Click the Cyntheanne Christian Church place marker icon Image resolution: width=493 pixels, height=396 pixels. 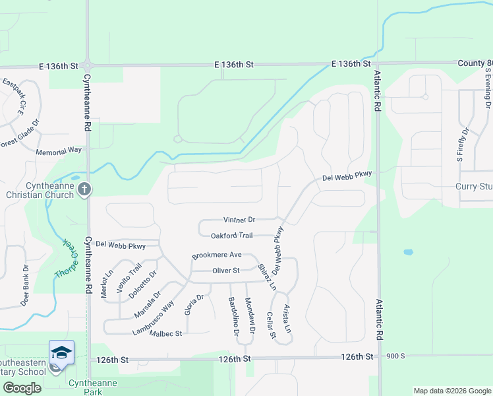tap(84, 190)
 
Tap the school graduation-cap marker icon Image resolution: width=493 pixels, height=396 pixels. tap(61, 352)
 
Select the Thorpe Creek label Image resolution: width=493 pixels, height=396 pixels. tap(66, 257)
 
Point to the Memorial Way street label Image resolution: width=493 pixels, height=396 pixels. tap(59, 150)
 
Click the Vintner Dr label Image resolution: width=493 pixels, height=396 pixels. tap(239, 219)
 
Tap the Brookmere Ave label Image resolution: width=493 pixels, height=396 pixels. tap(217, 255)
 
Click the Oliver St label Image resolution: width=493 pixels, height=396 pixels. tap(225, 271)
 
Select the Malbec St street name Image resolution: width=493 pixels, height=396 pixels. tap(165, 334)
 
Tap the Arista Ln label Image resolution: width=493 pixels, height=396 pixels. tap(287, 319)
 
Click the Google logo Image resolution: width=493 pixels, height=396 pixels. tap(22, 388)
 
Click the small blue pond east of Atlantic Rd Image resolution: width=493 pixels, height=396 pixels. tap(408, 252)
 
